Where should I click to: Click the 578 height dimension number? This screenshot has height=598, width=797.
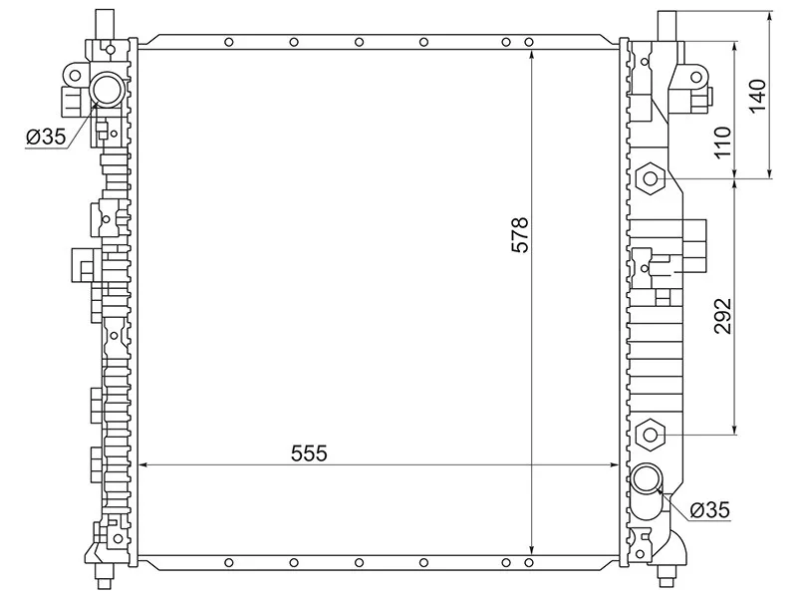(x=520, y=235)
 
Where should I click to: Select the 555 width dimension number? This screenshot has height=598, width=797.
(x=309, y=452)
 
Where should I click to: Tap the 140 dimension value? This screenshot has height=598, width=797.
(x=757, y=97)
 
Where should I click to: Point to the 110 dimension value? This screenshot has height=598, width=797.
(x=722, y=143)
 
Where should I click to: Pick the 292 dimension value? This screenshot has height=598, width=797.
(x=722, y=316)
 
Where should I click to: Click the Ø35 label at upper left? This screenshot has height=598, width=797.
(x=46, y=137)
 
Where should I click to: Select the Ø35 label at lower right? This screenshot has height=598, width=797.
(x=709, y=509)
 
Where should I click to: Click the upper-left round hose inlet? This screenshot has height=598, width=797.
(x=108, y=90)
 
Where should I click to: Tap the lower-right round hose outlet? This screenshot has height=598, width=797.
(x=646, y=478)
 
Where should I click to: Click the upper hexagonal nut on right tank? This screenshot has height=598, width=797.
(x=651, y=178)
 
